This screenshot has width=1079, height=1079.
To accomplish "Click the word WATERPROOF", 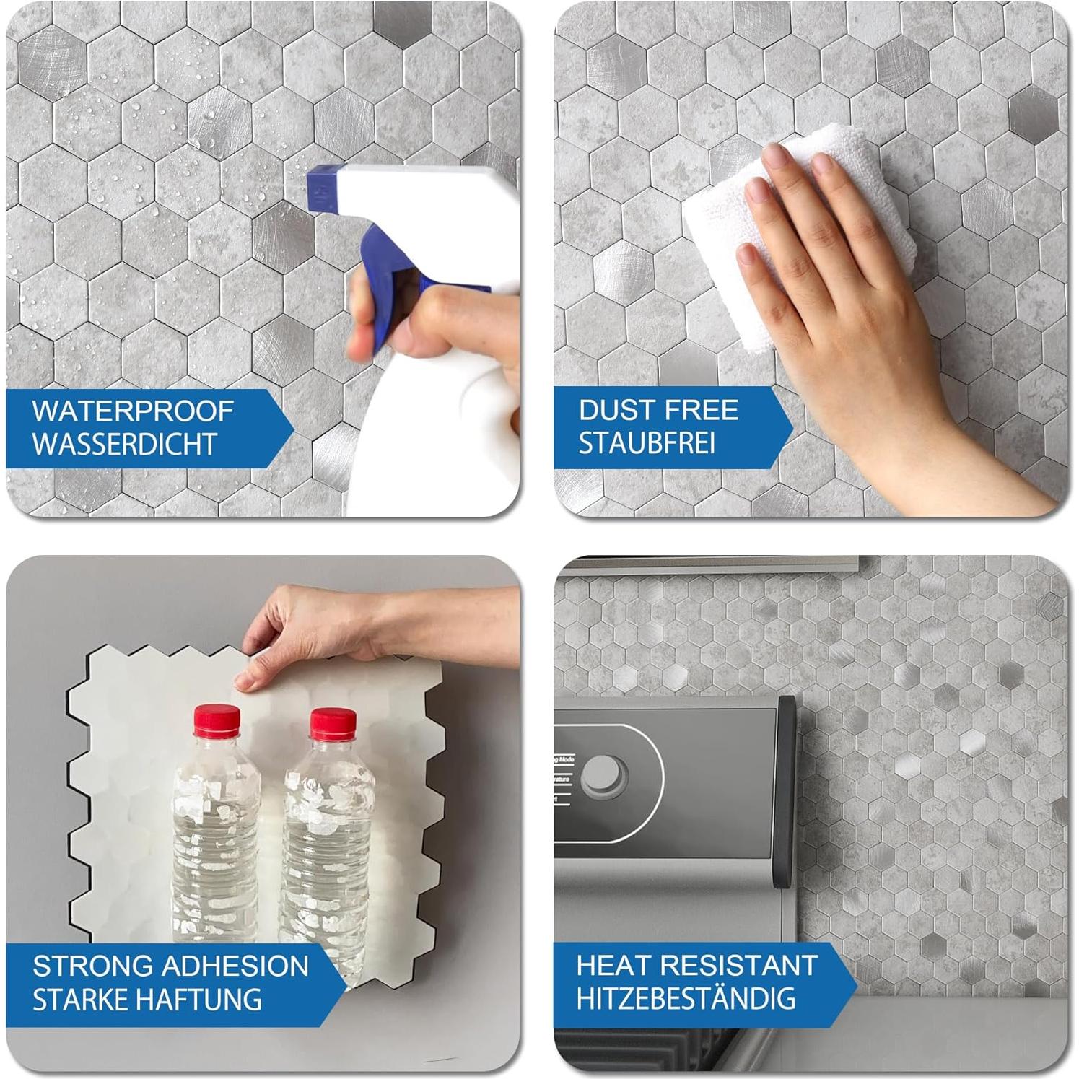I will pos(133,411).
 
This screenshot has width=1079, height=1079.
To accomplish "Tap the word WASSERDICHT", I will pos(125,444).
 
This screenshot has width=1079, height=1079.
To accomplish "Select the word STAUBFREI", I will pos(647,443).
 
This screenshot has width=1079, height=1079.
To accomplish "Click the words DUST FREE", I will pos(658,410).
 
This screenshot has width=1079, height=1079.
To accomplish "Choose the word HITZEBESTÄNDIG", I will pos(686,999).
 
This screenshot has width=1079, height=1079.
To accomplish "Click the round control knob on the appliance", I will pos(604,777).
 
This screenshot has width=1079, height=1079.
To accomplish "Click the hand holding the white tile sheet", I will pos(303,628).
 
